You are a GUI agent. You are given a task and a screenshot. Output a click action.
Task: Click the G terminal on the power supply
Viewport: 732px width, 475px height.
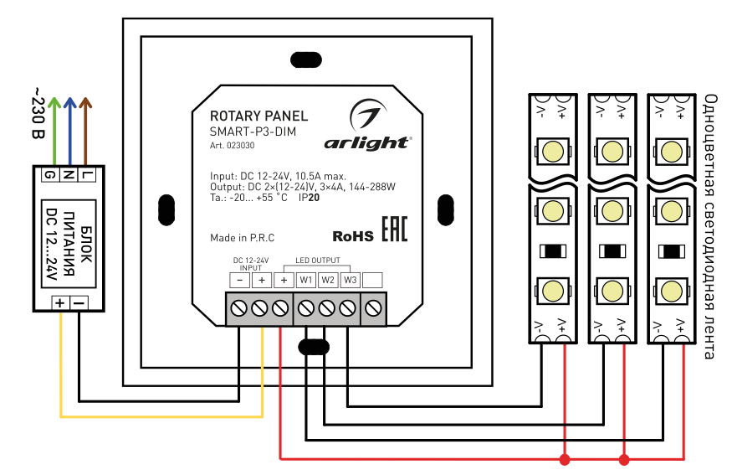point(50,175)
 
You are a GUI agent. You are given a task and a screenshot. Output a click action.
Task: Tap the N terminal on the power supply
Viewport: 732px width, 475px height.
point(69,175)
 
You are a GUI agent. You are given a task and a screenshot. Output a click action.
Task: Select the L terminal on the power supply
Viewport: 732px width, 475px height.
point(87,175)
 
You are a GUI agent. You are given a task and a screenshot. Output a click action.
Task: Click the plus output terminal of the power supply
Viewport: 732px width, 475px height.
point(61,302)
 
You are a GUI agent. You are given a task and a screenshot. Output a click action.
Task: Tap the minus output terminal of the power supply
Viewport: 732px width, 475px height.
point(79,302)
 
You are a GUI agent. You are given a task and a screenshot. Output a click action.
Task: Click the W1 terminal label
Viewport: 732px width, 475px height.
point(305,280)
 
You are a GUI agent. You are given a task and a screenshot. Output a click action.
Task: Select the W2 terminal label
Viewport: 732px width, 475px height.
point(328,280)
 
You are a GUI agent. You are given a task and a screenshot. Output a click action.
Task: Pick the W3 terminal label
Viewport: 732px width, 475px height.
point(350,280)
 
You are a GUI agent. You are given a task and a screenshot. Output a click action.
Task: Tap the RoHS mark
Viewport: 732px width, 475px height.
point(353,236)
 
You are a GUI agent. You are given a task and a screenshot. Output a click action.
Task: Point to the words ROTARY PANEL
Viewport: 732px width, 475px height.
point(259,116)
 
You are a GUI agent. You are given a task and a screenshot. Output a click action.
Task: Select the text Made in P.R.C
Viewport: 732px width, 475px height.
point(243,238)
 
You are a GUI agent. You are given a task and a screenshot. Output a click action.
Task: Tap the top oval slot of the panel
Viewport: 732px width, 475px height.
point(303,59)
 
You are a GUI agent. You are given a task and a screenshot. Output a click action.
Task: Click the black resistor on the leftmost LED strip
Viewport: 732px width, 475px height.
point(554,250)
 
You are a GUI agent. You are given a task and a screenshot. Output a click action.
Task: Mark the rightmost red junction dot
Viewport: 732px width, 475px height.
point(623,458)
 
